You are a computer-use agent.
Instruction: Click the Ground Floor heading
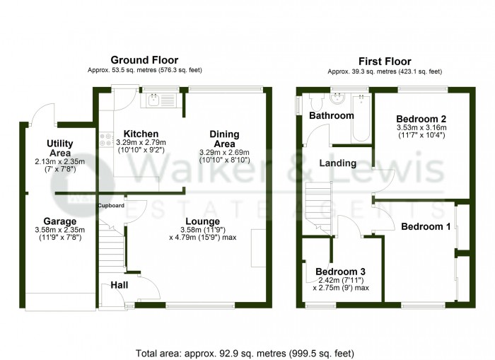pyautogui.click(x=144, y=60)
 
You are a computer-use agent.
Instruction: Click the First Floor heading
pyautogui.click(x=385, y=62)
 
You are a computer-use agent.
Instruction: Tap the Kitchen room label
pyautogui.click(x=141, y=134)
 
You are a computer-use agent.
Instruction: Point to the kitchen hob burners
pyautogui.click(x=106, y=139)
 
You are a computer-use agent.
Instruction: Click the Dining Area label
pyautogui.click(x=224, y=139)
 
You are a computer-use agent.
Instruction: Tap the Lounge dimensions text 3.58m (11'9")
pyautogui.click(x=203, y=230)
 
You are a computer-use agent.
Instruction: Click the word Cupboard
pyautogui.click(x=111, y=206)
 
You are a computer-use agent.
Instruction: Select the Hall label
pyautogui.click(x=120, y=285)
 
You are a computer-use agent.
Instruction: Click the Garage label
pyautogui.click(x=59, y=221)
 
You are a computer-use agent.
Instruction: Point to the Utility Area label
pyautogui.click(x=60, y=148)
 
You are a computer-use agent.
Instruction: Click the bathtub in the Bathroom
pyautogui.click(x=361, y=117)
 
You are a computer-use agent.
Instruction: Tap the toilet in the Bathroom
pyautogui.click(x=317, y=100)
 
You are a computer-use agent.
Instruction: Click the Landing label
pyautogui.click(x=338, y=163)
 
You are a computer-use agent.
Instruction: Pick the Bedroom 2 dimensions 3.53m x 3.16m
pyautogui.click(x=421, y=128)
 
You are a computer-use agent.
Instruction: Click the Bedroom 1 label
pyautogui.click(x=426, y=226)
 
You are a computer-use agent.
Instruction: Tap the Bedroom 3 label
pyautogui.click(x=340, y=272)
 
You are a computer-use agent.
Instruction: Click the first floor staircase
pyautogui.click(x=318, y=209)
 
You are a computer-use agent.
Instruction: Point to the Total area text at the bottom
pyautogui.click(x=245, y=353)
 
